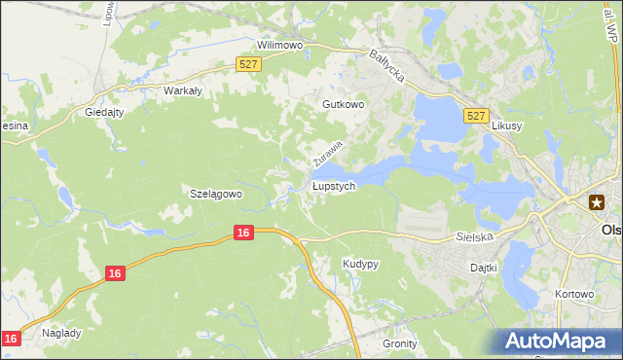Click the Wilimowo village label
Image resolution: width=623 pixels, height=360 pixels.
(x=281, y=46)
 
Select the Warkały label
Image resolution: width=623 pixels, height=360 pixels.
(x=182, y=90)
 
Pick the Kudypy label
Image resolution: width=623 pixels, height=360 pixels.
(x=360, y=265)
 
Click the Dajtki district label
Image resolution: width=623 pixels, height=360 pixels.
(x=484, y=267)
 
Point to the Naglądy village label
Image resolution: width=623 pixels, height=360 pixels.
(x=61, y=332)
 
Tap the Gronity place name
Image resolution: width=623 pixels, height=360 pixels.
(x=399, y=343)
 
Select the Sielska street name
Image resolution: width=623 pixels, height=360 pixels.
(x=476, y=236)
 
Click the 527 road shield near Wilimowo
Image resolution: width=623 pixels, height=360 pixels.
(x=248, y=63)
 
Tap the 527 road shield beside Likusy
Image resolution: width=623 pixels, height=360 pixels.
(x=476, y=116)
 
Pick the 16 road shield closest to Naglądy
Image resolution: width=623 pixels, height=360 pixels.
(x=11, y=338)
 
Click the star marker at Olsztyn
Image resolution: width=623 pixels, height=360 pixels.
(x=596, y=202)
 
